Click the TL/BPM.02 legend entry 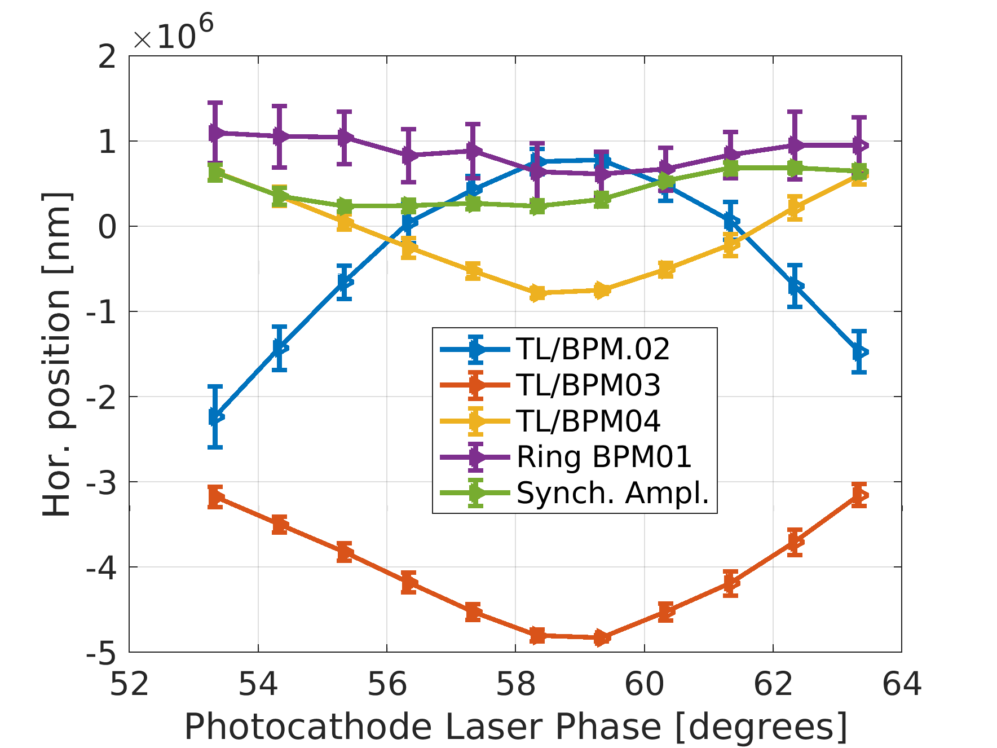(593, 349)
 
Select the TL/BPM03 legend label (588, 385)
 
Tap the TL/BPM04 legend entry (588, 421)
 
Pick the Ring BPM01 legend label (604, 457)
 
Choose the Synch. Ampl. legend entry (612, 493)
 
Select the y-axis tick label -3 (101, 482)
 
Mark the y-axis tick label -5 (101, 653)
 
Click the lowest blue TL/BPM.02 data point (215, 417)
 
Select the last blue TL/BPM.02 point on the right (859, 352)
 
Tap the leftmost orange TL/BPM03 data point (215, 497)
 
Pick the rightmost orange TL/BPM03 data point (859, 495)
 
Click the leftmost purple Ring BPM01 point (215, 133)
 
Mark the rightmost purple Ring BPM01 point (859, 145)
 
